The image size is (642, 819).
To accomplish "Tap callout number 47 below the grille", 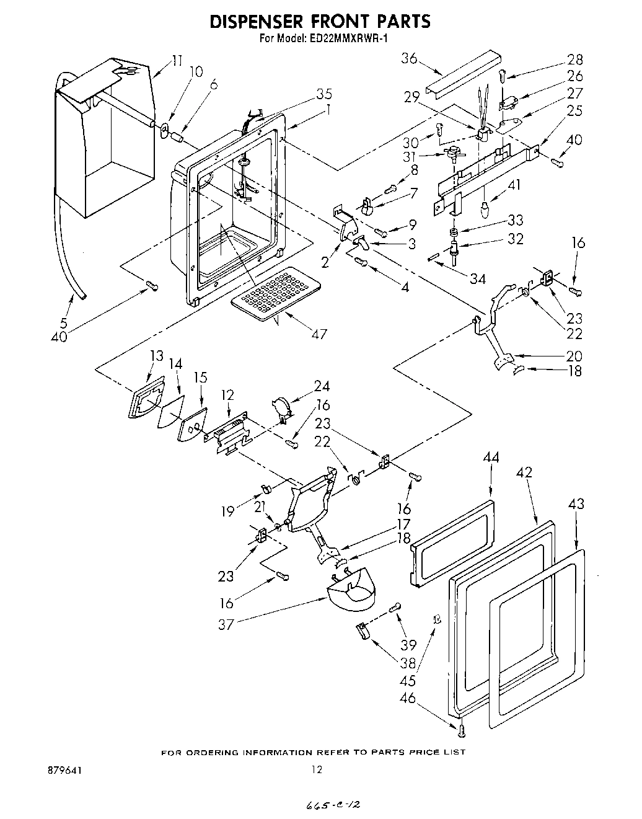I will pos(319,335).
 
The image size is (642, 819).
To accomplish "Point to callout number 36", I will pos(409,58).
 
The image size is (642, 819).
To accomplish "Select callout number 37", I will pos(226,624).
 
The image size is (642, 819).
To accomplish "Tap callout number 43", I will pos(576,505).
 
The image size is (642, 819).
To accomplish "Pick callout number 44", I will pos(491,458).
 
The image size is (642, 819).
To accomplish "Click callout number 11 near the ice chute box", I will pos(177,60).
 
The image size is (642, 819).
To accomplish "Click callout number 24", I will pos(322,386).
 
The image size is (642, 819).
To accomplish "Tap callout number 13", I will pos(156,356).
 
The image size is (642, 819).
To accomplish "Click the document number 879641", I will pos(64,770).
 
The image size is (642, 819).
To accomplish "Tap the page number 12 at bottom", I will pos(317,770).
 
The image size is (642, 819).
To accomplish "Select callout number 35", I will pos(324,94).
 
